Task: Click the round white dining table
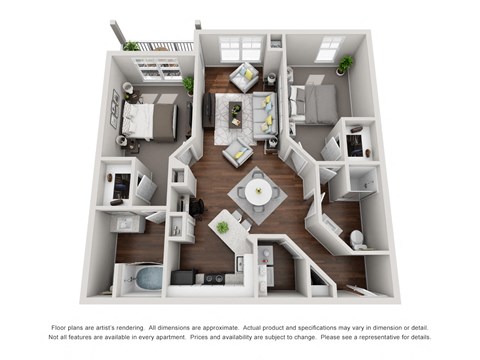[x=257, y=193]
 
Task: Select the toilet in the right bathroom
[x=357, y=239]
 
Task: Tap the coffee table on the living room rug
[x=236, y=109]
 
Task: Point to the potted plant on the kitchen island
[x=222, y=226]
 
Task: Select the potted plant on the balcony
[x=131, y=46]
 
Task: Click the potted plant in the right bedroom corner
[x=346, y=64]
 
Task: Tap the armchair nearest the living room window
[x=243, y=76]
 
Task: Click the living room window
[x=240, y=47]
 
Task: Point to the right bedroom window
[x=328, y=48]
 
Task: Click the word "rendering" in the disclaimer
[x=177, y=328]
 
